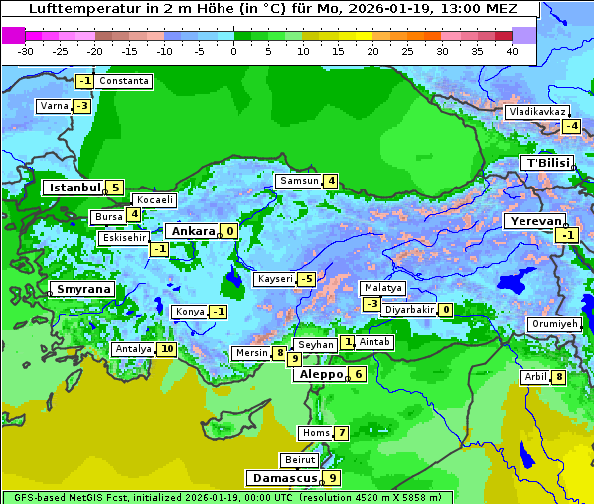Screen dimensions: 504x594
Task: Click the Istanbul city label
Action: coord(74,188)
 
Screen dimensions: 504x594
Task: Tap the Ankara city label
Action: coord(192,231)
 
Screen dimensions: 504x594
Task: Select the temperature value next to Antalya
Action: coord(167,349)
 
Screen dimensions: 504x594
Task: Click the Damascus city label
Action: coord(283,478)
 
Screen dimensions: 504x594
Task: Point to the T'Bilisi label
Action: coord(546,163)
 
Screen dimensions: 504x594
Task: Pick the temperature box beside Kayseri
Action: coord(306,279)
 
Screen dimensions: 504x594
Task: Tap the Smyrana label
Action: coord(82,289)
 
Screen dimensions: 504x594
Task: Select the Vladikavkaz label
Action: coord(536,112)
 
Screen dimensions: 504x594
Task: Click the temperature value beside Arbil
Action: coord(559,377)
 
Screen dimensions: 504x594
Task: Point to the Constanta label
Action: coord(124,81)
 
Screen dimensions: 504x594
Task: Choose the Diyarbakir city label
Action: coord(409,310)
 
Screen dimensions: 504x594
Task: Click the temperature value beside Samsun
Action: coord(331,181)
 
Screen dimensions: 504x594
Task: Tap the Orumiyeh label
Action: coord(553,324)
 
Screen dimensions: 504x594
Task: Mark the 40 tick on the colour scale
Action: coord(512,50)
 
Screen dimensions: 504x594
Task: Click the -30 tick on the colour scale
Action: coord(26,50)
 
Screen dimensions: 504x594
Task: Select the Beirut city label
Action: coord(300,460)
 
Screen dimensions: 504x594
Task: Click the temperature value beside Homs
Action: coord(341,433)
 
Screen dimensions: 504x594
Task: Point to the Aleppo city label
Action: coord(319,375)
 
